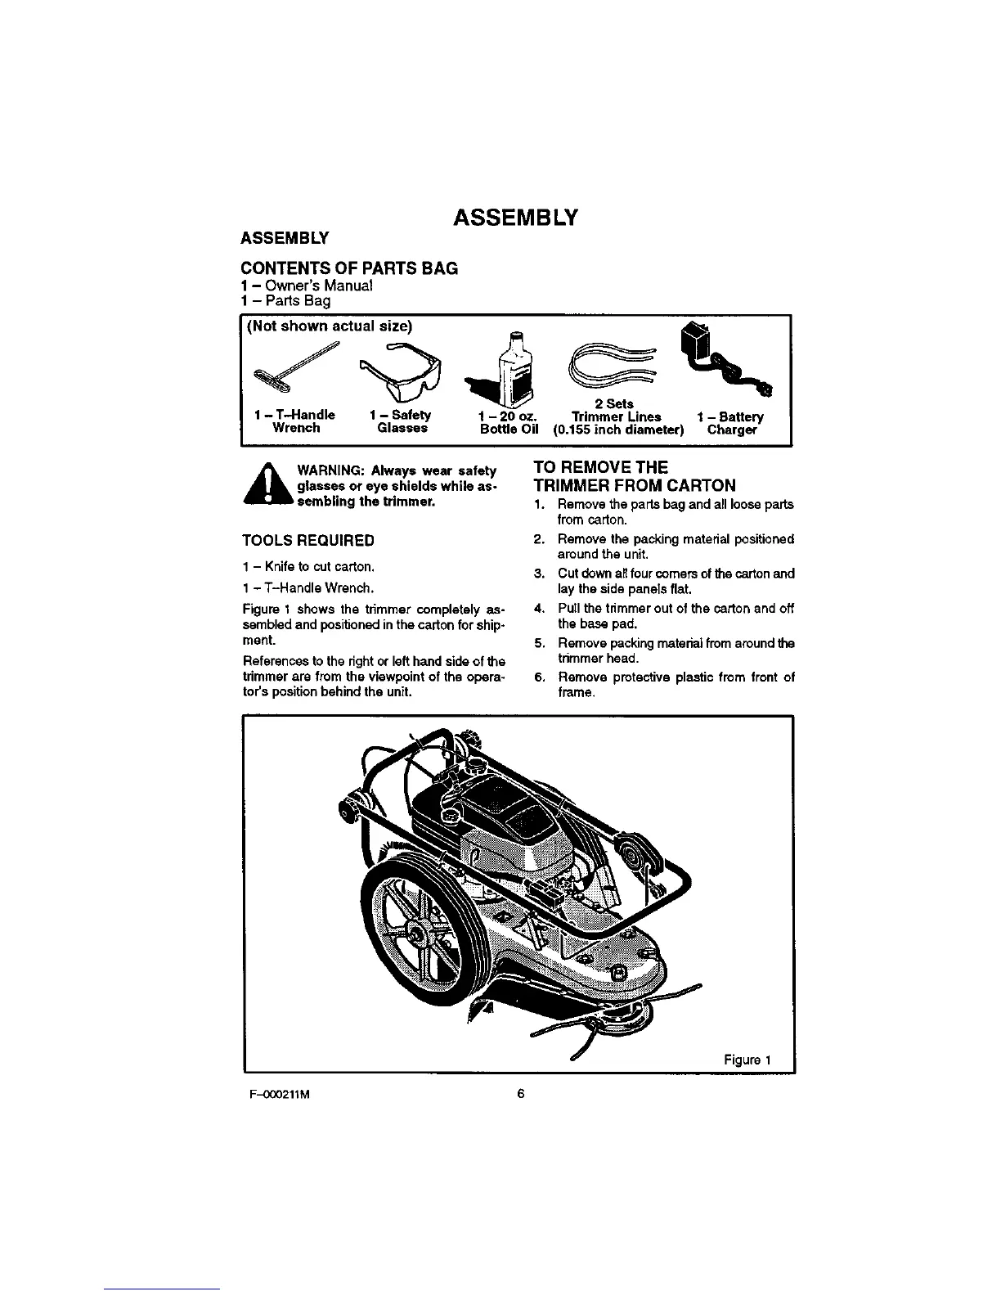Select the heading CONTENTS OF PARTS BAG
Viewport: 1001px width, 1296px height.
click(x=348, y=268)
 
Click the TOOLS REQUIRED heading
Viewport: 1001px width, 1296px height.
click(x=308, y=541)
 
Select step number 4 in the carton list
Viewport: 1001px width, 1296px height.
click(x=538, y=608)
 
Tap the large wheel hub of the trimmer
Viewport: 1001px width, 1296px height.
click(x=420, y=932)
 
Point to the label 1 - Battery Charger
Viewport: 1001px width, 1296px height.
click(x=732, y=422)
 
